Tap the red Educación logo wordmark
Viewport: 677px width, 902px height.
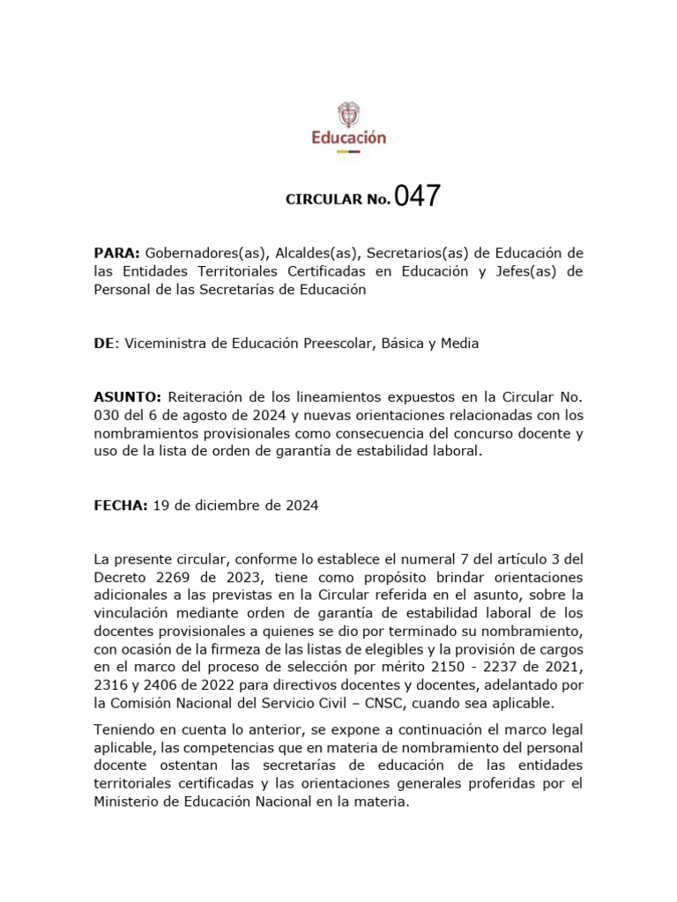[x=349, y=137]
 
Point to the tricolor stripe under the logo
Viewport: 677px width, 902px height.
[x=349, y=152]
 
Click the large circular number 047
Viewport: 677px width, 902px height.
[x=418, y=196]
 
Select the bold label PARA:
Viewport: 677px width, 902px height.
[x=117, y=254]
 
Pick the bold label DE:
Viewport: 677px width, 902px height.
[x=105, y=344]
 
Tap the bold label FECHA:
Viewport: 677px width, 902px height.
[x=120, y=506]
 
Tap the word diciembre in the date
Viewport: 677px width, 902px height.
[x=219, y=506]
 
